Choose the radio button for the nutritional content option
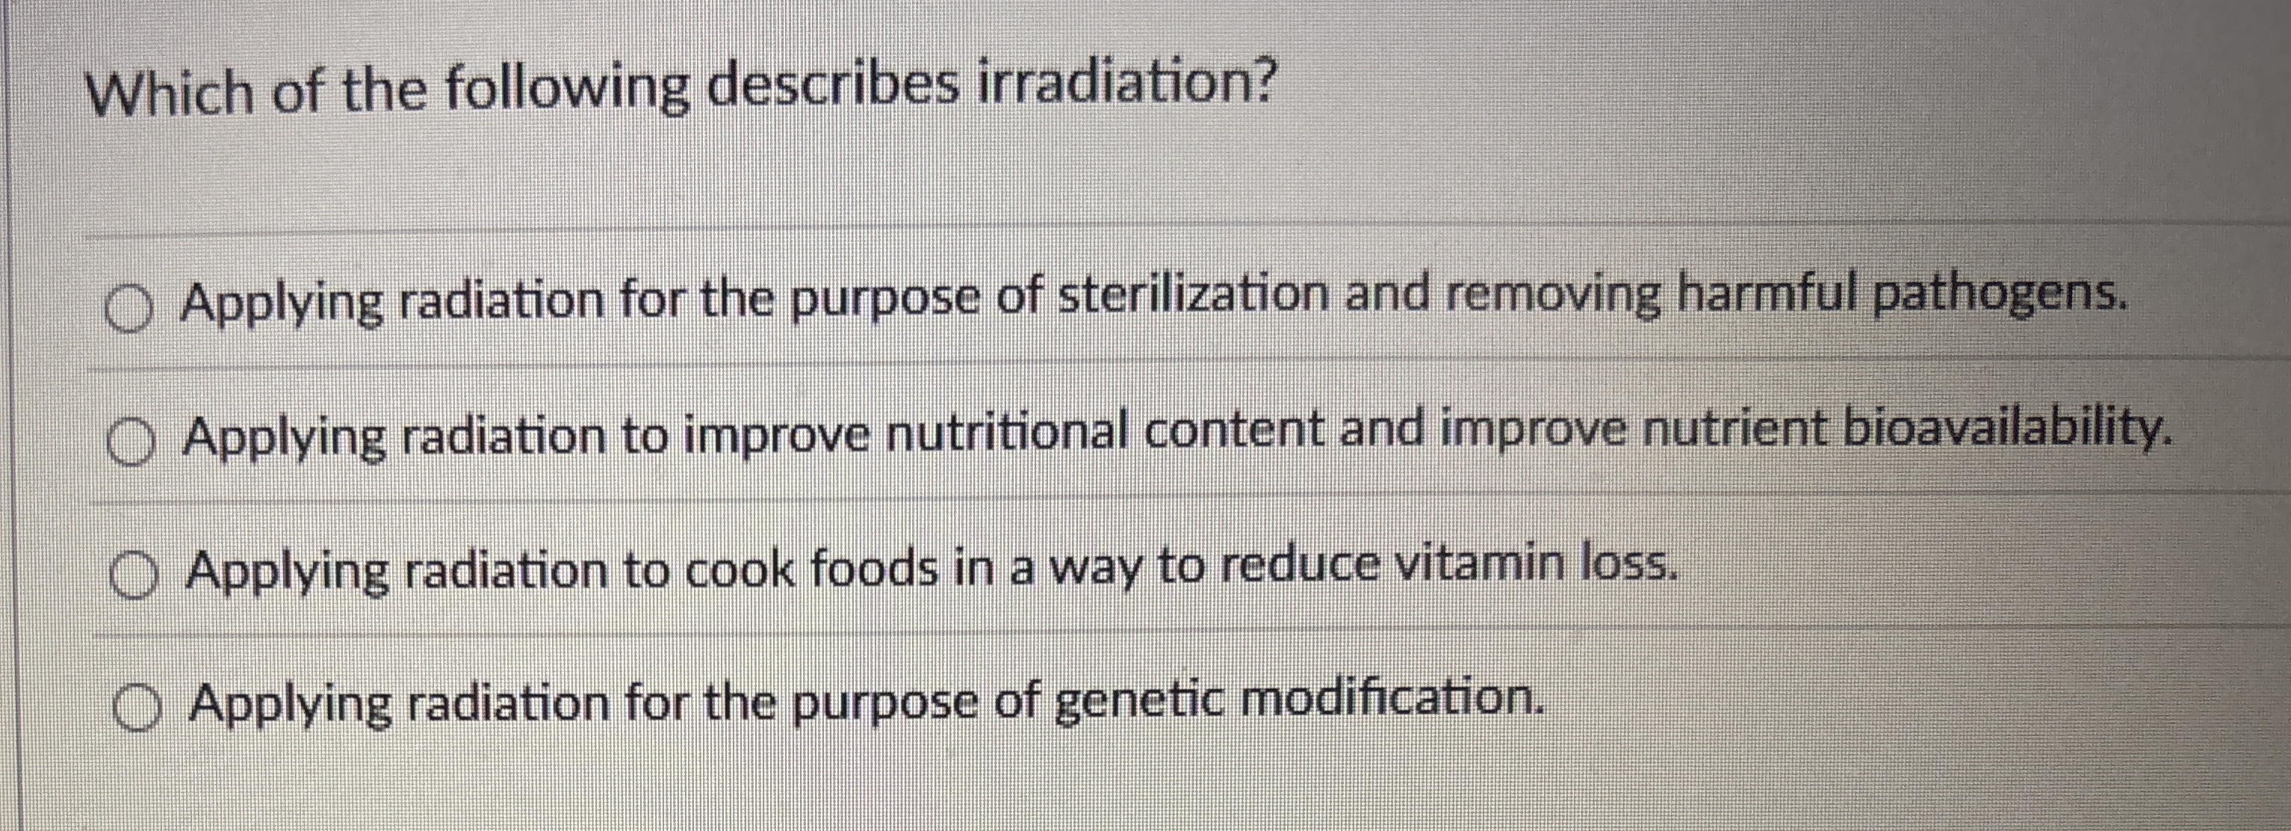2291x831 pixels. [x=132, y=442]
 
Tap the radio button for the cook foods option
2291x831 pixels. [x=134, y=575]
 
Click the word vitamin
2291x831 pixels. [x=1476, y=564]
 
